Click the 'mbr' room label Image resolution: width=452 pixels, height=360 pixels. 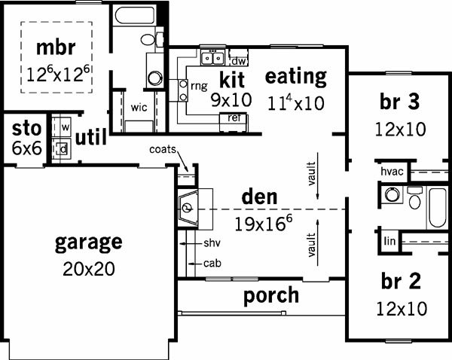pyautogui.click(x=56, y=47)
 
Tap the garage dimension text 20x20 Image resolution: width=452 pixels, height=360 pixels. pyautogui.click(x=89, y=269)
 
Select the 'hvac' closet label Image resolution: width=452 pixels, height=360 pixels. pyautogui.click(x=392, y=172)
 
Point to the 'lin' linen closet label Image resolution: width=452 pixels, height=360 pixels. pyautogui.click(x=389, y=241)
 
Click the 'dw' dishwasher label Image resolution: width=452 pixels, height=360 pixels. pyautogui.click(x=239, y=61)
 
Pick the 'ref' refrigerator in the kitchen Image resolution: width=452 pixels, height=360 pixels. pyautogui.click(x=234, y=123)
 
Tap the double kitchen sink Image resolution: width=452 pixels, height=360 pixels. pyautogui.click(x=212, y=58)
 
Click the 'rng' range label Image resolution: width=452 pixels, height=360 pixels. pyautogui.click(x=199, y=86)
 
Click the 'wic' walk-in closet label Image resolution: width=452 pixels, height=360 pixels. pyautogui.click(x=139, y=108)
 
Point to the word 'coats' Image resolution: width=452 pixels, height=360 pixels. pyautogui.click(x=163, y=149)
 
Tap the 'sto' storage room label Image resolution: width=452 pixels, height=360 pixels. pyautogui.click(x=26, y=129)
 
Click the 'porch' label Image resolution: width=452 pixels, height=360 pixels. pyautogui.click(x=271, y=295)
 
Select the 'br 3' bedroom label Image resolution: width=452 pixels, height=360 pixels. pyautogui.click(x=400, y=102)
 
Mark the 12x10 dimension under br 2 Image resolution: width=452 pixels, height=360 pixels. pyautogui.click(x=402, y=309)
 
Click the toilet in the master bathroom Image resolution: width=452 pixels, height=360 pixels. pyautogui.click(x=152, y=39)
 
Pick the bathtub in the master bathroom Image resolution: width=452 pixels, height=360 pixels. pyautogui.click(x=135, y=15)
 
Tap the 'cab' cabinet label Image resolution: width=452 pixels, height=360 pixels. pyautogui.click(x=212, y=263)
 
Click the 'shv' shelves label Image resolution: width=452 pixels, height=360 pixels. pyautogui.click(x=212, y=243)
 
